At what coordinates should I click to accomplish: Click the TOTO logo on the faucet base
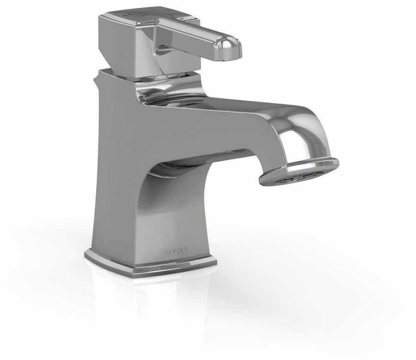(175, 252)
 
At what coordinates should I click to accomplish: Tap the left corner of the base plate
(86, 254)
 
